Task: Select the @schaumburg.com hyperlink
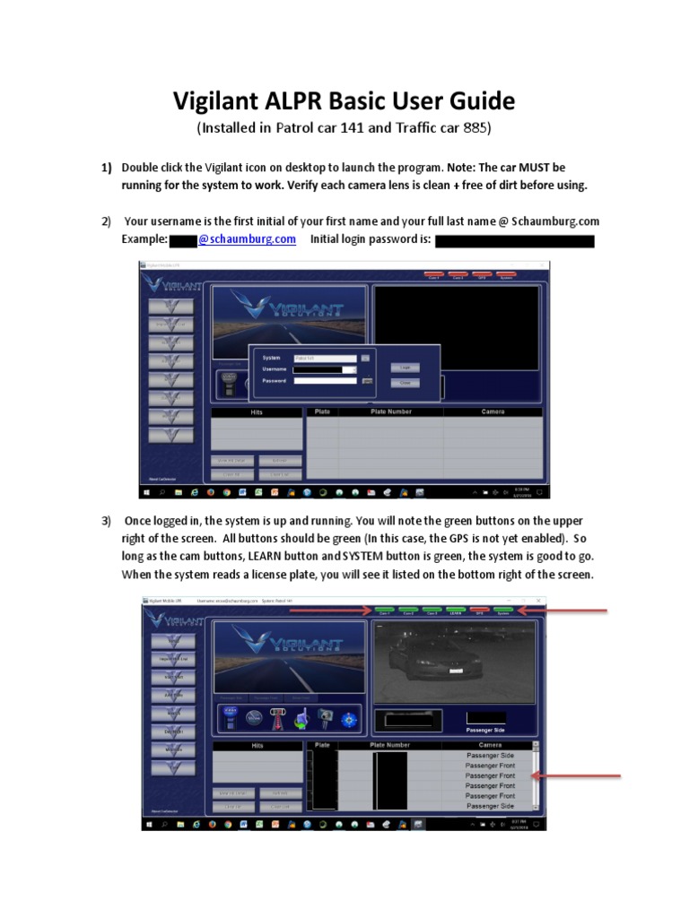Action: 247,239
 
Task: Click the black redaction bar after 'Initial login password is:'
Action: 515,240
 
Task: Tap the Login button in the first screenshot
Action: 405,368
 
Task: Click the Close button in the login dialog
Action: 405,383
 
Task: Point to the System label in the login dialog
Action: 271,358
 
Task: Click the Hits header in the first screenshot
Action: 257,412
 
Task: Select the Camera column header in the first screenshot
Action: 493,412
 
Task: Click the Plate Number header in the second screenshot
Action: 388,745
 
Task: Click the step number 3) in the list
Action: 106,521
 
